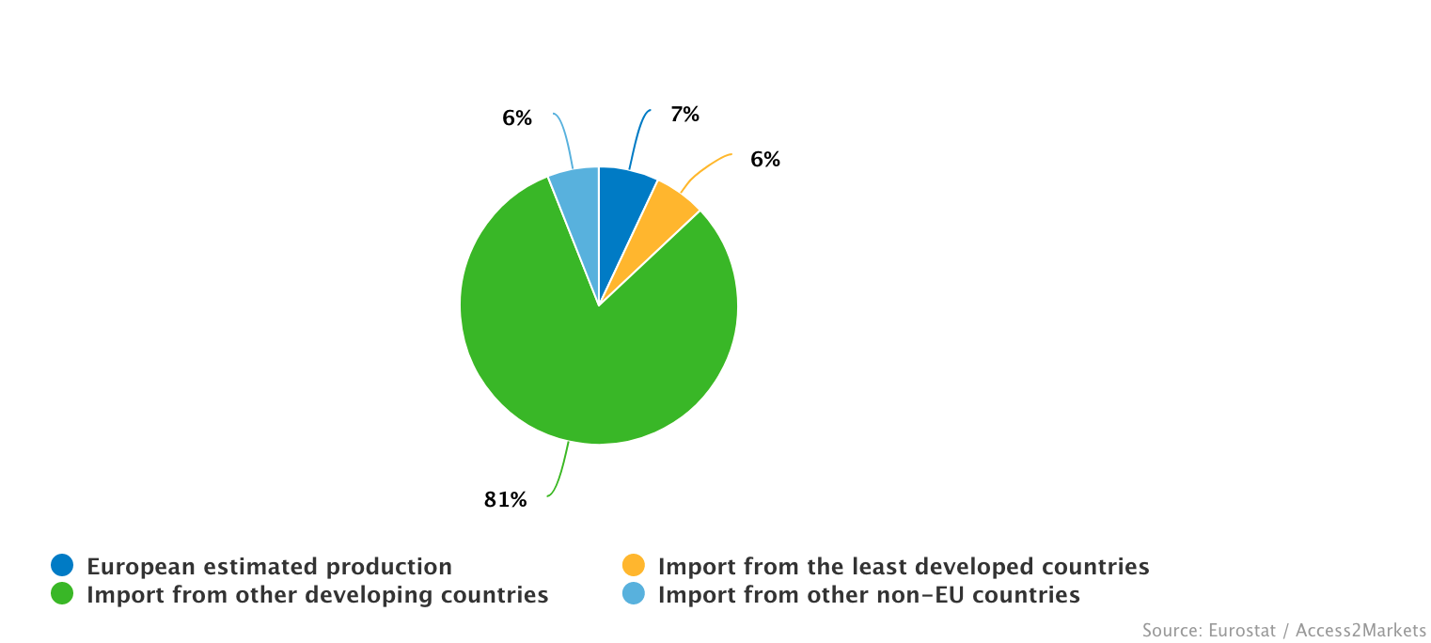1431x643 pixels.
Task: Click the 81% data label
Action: pyautogui.click(x=506, y=500)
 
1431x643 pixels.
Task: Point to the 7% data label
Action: pyautogui.click(x=684, y=115)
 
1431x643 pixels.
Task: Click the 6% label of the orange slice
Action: pyautogui.click(x=764, y=160)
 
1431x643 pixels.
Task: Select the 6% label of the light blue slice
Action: pyautogui.click(x=516, y=118)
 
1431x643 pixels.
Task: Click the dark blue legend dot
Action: pyautogui.click(x=62, y=566)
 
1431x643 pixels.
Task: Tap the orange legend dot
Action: pyautogui.click(x=634, y=566)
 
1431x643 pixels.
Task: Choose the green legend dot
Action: pyautogui.click(x=62, y=594)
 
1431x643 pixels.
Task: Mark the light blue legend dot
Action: pyautogui.click(x=634, y=594)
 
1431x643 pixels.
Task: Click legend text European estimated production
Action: pyautogui.click(x=269, y=567)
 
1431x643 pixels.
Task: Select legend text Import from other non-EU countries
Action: pyautogui.click(x=869, y=595)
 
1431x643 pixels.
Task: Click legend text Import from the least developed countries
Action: pyautogui.click(x=904, y=567)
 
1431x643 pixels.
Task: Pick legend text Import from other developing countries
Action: pyautogui.click(x=317, y=595)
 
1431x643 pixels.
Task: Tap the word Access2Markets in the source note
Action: pyautogui.click(x=1360, y=630)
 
